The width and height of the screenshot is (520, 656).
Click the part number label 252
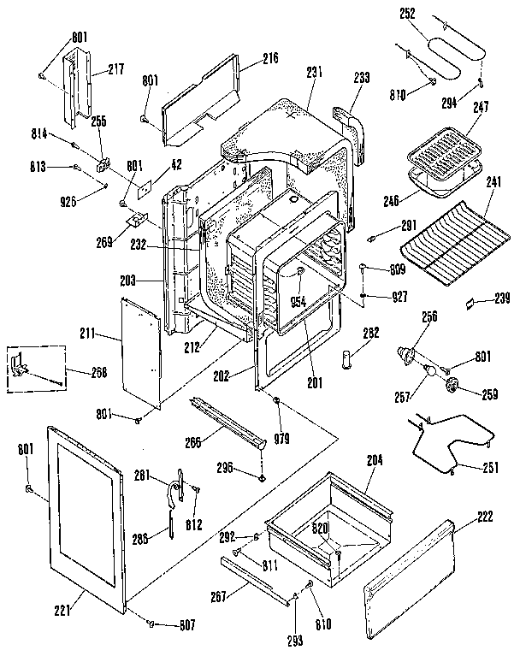(x=407, y=14)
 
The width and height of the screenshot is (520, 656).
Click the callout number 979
(x=282, y=439)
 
